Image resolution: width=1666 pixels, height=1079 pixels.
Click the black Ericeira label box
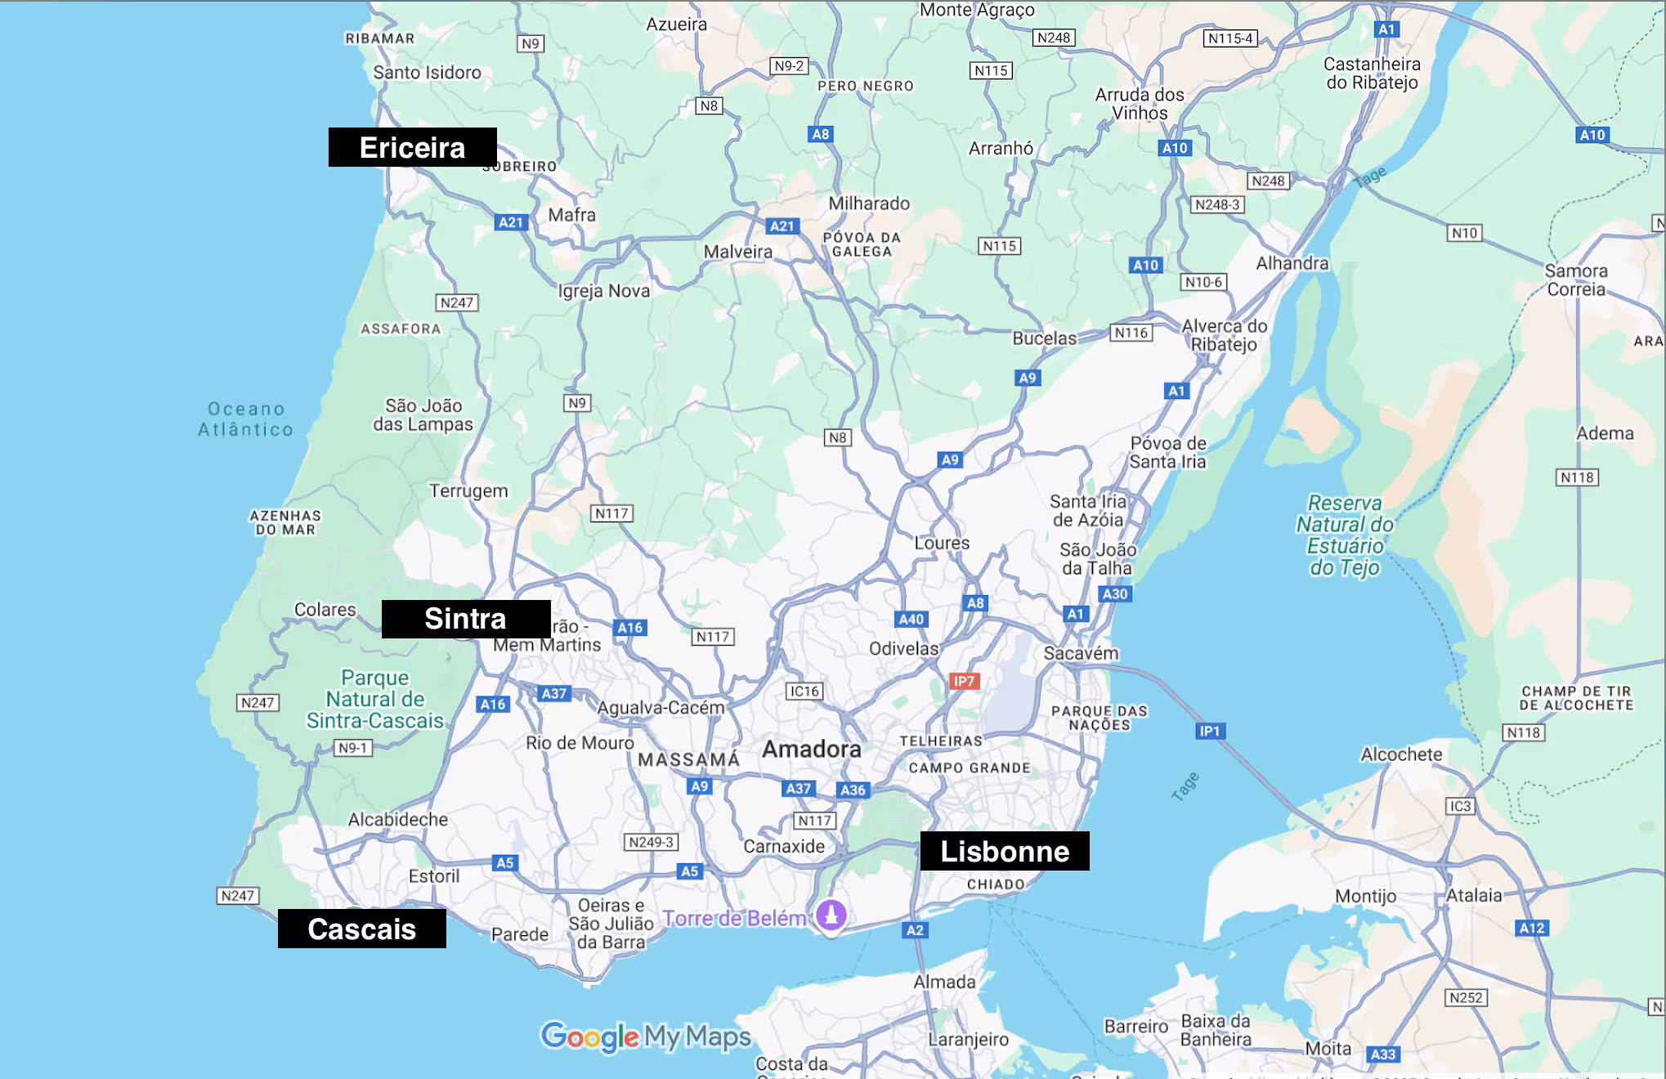click(x=412, y=147)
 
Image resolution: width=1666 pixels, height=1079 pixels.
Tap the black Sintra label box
click(x=465, y=619)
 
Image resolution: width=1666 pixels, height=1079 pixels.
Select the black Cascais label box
click(x=361, y=929)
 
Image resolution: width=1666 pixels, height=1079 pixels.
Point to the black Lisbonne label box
click(x=1004, y=851)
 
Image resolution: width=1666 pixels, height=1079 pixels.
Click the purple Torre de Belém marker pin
click(x=831, y=915)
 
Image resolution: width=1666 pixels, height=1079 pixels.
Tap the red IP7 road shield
click(x=964, y=681)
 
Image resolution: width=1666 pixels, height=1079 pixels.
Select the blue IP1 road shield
click(x=1209, y=731)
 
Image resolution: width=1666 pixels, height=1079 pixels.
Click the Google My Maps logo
click(x=646, y=1036)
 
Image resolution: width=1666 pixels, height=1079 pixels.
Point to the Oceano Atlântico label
click(x=245, y=419)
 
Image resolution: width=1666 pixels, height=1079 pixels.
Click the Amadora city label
click(x=811, y=749)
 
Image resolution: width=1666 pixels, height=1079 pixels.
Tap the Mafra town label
click(x=571, y=215)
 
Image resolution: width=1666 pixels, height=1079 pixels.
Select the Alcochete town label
click(x=1400, y=754)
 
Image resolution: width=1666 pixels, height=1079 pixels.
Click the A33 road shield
click(x=1382, y=1054)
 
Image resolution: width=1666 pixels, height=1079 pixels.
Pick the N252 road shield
click(x=1465, y=997)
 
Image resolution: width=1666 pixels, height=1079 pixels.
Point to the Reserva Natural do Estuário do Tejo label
click(x=1344, y=535)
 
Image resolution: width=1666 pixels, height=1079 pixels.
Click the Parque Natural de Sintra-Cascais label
click(x=374, y=699)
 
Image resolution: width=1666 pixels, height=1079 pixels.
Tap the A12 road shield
click(x=1531, y=928)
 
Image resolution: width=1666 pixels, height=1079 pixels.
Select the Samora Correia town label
click(x=1575, y=280)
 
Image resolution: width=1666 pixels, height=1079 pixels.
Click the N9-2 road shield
click(x=789, y=65)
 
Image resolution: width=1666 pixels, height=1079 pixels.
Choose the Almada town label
click(x=944, y=982)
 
